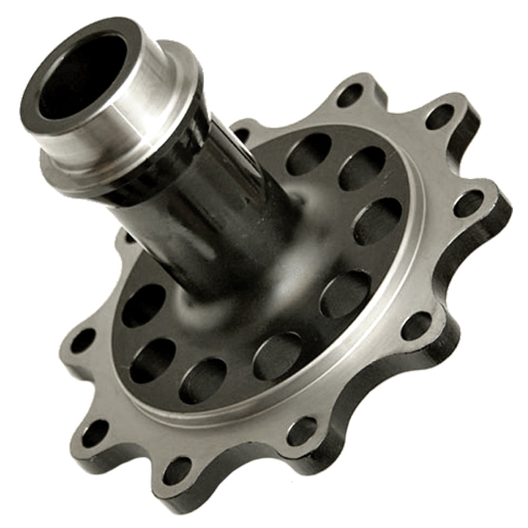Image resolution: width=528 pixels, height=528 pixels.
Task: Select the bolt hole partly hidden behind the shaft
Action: pos(242,134)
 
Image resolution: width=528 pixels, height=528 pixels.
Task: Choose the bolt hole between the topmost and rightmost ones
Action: pos(439,117)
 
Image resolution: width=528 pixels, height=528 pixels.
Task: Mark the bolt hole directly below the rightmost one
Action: pos(416,325)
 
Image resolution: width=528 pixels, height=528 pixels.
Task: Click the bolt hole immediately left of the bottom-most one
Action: pos(94,433)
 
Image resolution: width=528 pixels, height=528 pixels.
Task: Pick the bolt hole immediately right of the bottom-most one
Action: pos(302,431)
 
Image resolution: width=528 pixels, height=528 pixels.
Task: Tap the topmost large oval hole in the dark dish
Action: pos(308,154)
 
